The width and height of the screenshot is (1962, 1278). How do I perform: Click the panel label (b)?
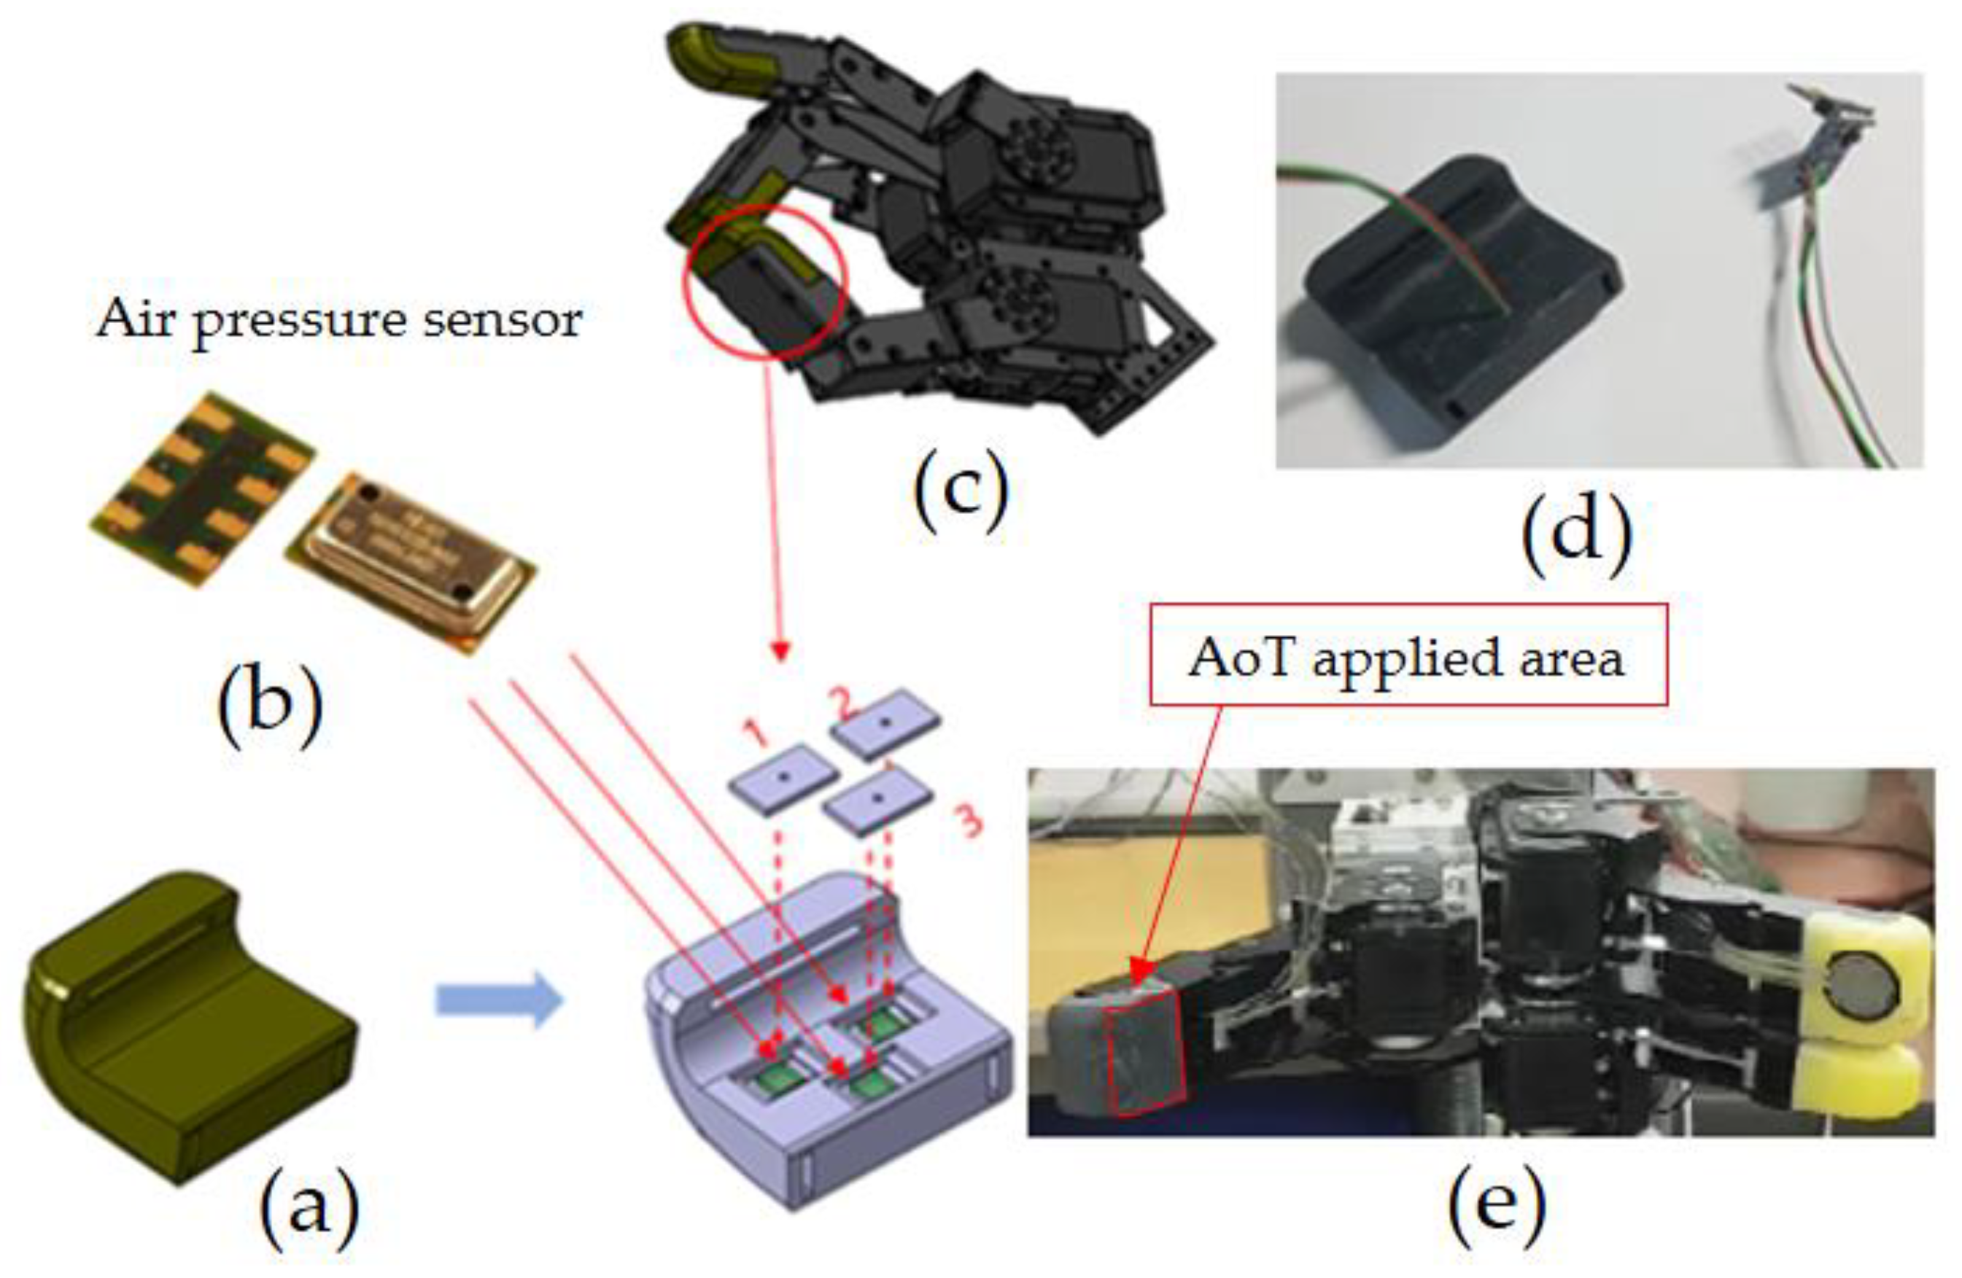270,705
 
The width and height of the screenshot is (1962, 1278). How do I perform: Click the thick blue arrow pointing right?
500,1000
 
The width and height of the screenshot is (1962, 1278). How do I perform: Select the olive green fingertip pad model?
190,1021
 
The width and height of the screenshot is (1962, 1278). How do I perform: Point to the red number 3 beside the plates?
970,822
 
